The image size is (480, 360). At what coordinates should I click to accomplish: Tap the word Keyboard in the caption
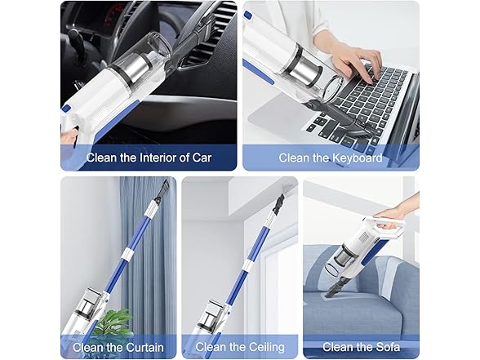357,158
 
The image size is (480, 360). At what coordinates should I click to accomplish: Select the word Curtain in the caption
144,348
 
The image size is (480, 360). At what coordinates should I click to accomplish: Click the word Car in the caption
202,158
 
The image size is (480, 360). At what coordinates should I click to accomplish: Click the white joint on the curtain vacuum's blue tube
127,255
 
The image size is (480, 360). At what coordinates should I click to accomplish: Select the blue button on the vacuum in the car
66,109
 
